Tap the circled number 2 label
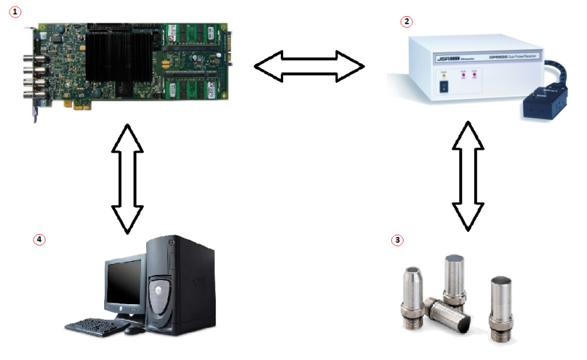[x=406, y=21]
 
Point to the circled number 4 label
[x=39, y=239]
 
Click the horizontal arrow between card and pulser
[x=309, y=67]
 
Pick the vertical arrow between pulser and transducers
[x=467, y=175]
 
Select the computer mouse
[x=133, y=330]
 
